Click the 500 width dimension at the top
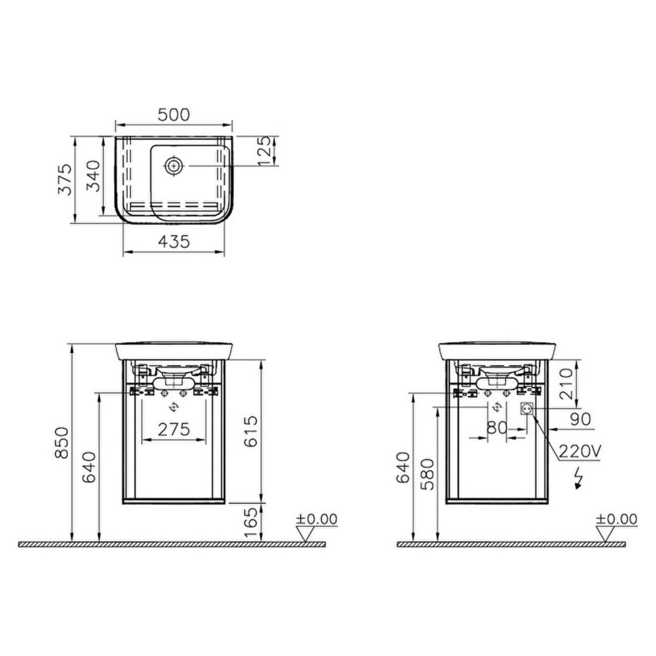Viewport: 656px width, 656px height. (x=173, y=115)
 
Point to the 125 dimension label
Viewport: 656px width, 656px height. (x=265, y=151)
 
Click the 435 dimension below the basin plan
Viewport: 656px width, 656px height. (x=173, y=242)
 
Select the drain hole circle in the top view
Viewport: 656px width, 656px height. (x=173, y=166)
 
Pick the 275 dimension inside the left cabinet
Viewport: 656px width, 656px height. (x=174, y=429)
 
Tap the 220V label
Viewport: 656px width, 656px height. (x=579, y=452)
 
